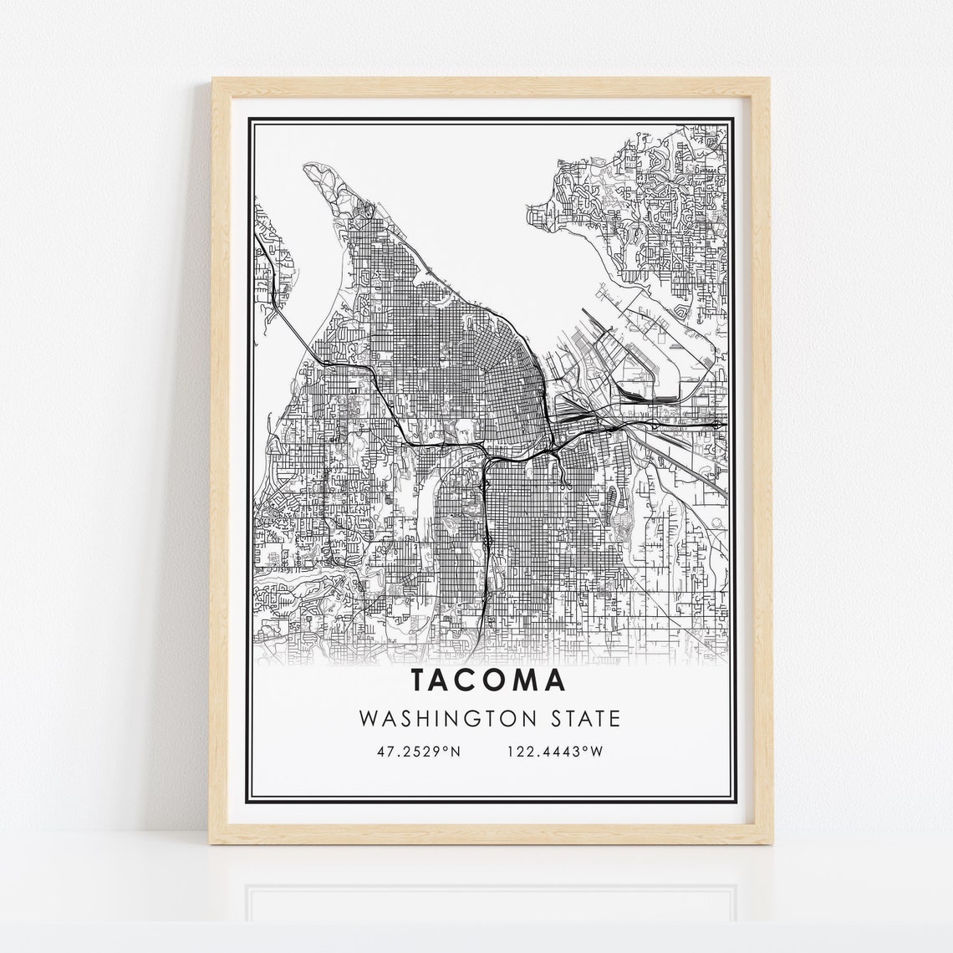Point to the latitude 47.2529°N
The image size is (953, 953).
tap(419, 752)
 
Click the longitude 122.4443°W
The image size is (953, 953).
tap(554, 752)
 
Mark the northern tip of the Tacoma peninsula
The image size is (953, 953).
tap(313, 166)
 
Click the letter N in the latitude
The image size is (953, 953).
tap(456, 752)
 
